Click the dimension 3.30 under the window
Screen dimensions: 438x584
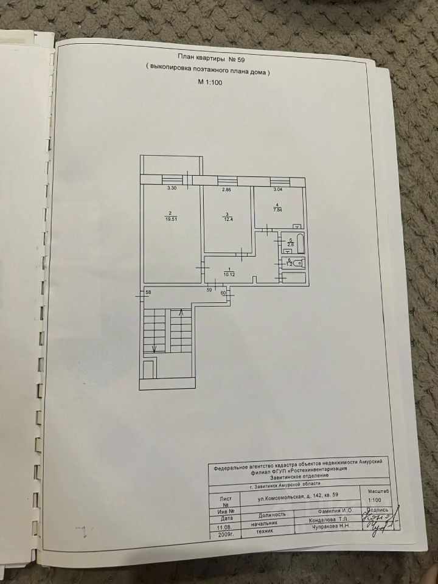172,189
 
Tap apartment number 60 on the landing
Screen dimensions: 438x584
223,293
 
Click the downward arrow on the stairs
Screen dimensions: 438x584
153,349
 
